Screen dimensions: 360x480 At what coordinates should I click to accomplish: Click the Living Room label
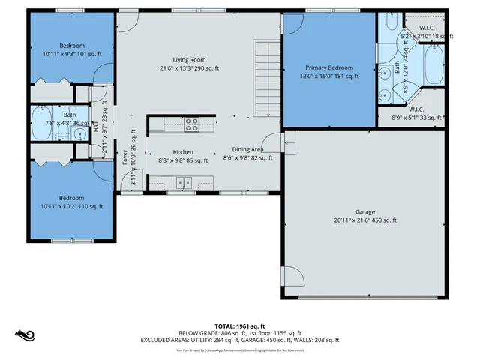pos(189,60)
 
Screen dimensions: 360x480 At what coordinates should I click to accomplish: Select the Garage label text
pos(365,211)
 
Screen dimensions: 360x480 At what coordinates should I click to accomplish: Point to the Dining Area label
pos(247,149)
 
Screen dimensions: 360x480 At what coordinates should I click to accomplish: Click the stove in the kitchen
pos(191,123)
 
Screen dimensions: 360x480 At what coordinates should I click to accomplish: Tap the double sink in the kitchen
pos(183,182)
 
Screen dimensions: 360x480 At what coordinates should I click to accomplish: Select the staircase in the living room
pos(267,79)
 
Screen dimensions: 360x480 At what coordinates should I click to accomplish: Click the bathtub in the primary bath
pos(433,66)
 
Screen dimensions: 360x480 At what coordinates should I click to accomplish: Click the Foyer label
pos(125,157)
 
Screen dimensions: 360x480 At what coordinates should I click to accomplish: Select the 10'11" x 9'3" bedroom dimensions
pos(72,55)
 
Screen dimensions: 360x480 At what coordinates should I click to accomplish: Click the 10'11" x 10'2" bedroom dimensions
pos(72,206)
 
